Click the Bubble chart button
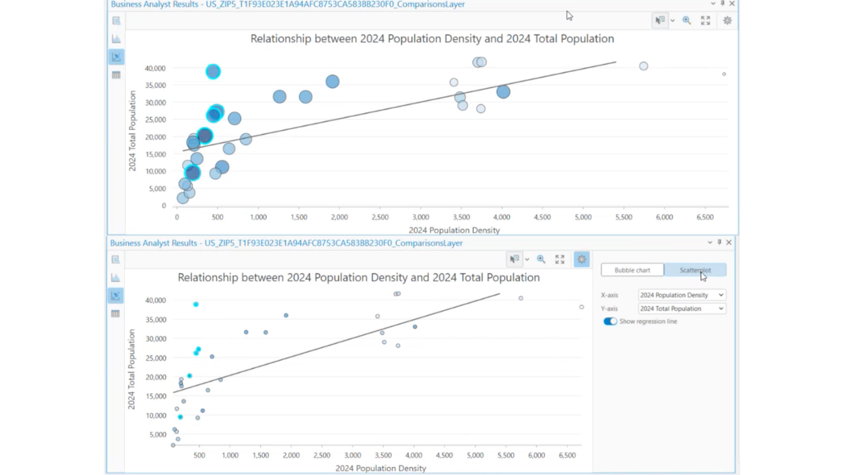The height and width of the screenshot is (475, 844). (x=632, y=270)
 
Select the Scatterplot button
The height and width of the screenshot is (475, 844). (x=695, y=270)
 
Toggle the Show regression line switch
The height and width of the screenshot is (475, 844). (x=610, y=322)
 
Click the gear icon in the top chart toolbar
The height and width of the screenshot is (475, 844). (x=728, y=21)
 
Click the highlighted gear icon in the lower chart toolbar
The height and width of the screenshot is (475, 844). (x=582, y=259)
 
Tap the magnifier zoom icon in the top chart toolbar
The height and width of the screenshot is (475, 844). (x=687, y=21)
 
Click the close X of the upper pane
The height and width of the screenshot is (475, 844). (x=732, y=4)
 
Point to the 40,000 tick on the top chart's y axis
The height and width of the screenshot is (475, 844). (x=155, y=68)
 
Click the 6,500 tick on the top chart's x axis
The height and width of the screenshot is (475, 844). (x=705, y=217)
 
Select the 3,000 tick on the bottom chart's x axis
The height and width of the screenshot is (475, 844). (x=353, y=456)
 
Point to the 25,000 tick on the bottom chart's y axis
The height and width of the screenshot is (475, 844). (x=156, y=358)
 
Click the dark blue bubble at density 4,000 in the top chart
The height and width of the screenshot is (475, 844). (x=503, y=92)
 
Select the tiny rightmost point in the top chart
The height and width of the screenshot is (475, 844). (x=724, y=74)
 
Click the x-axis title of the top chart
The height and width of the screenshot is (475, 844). (x=454, y=230)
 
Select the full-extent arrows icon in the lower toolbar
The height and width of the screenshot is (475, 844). (x=560, y=259)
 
